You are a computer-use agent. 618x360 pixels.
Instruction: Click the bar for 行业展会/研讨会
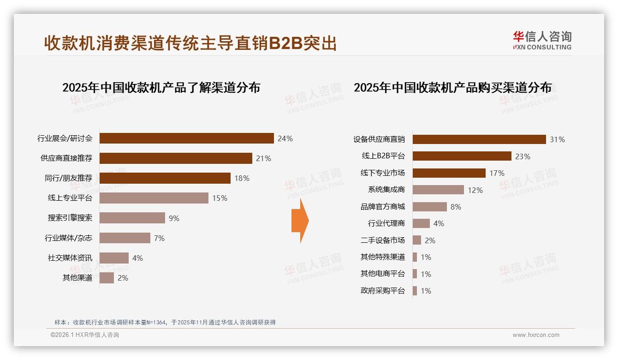(187, 138)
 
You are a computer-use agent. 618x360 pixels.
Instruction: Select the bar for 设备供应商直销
(479, 139)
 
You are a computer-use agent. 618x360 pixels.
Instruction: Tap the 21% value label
(263, 158)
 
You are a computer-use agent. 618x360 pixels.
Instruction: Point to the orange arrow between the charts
(300, 221)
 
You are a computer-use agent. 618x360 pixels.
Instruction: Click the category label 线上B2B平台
(383, 156)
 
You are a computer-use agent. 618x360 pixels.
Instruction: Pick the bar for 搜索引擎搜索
(132, 218)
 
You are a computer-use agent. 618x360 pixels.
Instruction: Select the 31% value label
(557, 139)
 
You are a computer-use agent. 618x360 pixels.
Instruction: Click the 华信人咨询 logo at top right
(542, 40)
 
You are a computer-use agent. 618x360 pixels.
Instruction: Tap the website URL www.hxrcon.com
(536, 335)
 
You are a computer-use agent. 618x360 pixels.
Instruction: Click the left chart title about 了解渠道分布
(161, 88)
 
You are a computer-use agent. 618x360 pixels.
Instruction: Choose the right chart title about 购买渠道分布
(452, 88)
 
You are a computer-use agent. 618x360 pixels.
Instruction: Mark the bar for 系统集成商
(438, 190)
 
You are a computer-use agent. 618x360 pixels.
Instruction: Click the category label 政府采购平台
(383, 291)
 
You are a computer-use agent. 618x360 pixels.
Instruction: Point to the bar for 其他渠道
(107, 278)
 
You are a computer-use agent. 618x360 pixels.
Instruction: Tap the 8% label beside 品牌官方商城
(456, 207)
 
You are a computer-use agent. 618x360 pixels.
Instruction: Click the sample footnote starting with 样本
(165, 322)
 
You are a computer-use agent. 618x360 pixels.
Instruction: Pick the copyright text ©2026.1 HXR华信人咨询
(85, 335)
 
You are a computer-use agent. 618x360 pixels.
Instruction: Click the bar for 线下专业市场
(449, 173)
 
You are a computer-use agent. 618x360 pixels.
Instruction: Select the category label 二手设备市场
(383, 240)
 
